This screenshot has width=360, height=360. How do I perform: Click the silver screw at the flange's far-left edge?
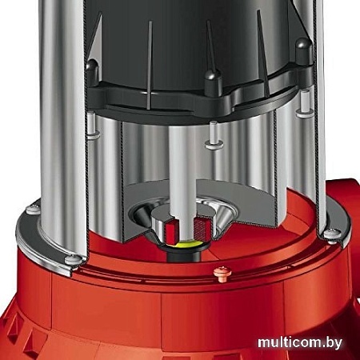click(x=32, y=210)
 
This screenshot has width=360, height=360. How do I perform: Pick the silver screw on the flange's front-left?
click(x=71, y=259)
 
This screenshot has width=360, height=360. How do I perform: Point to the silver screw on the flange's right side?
click(x=330, y=234)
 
